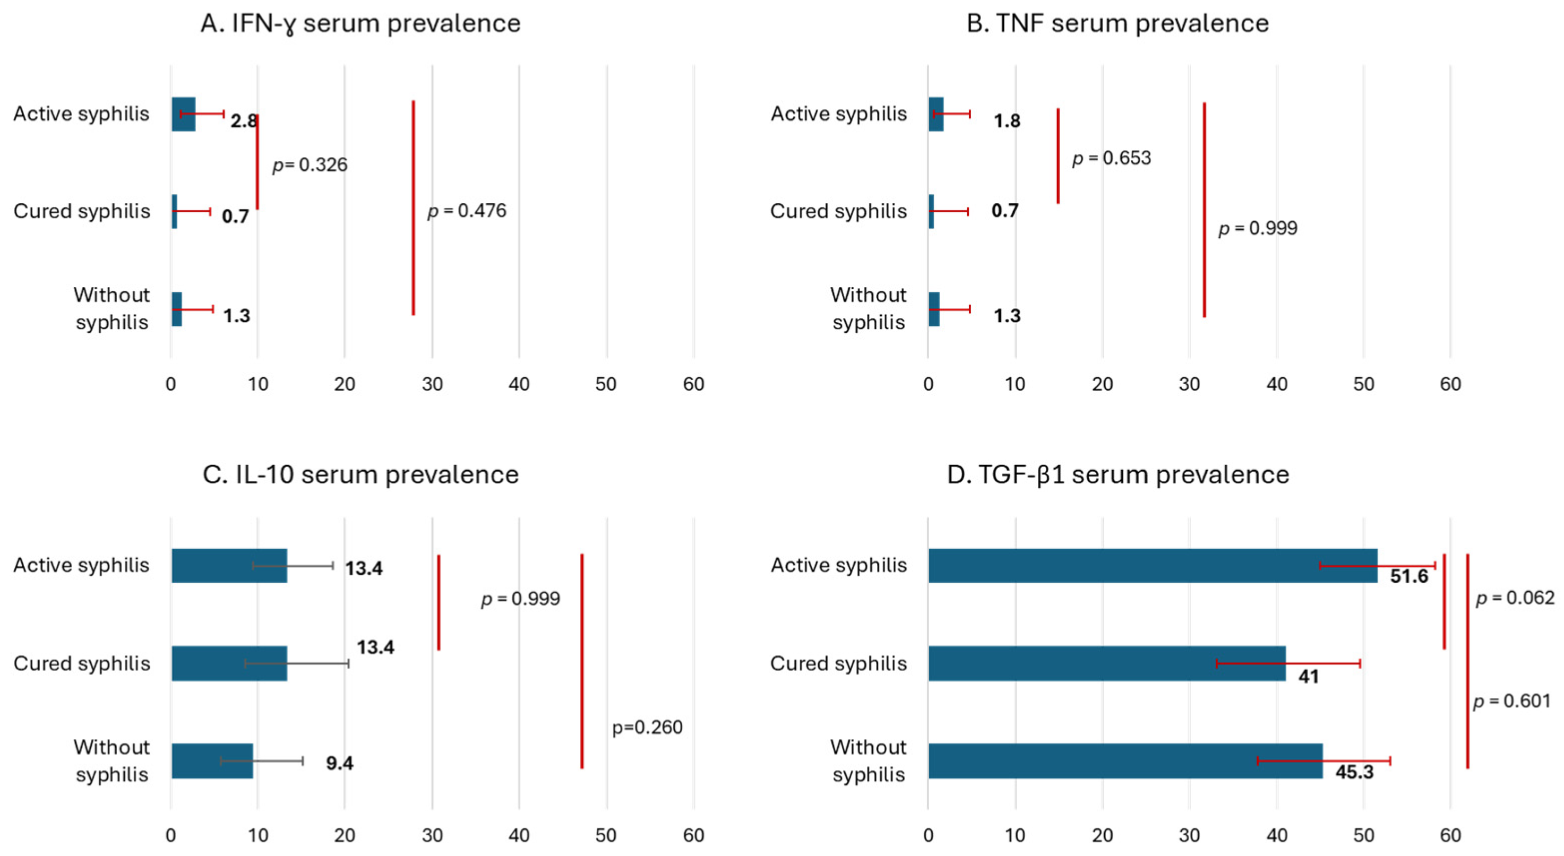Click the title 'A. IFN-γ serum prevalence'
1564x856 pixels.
tap(360, 24)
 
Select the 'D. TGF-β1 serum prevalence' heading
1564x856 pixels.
tap(1118, 475)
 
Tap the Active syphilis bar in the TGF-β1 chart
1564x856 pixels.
tap(1153, 566)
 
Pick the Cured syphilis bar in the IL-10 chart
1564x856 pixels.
tap(229, 663)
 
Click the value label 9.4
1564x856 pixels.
tap(339, 763)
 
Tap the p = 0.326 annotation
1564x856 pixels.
tap(310, 165)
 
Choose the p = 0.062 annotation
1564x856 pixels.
tap(1515, 599)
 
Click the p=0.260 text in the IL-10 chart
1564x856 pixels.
tap(647, 727)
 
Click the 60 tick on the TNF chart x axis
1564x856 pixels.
tap(1450, 384)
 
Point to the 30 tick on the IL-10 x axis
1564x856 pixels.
tap(432, 836)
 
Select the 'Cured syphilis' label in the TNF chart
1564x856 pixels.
tap(838, 212)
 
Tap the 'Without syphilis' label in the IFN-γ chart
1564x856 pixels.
tap(111, 308)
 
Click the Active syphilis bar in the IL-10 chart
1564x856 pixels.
tap(229, 566)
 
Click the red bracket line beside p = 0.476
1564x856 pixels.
tap(414, 207)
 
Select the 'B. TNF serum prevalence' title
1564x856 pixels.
tap(1118, 24)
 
